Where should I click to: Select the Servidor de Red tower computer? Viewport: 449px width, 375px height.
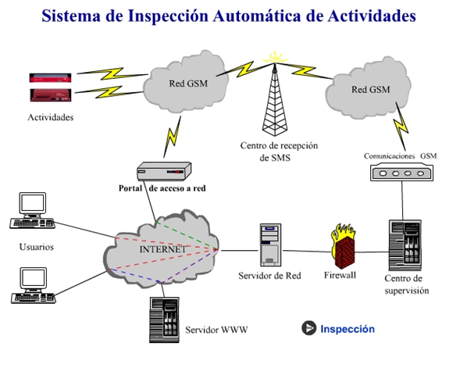coord(270,245)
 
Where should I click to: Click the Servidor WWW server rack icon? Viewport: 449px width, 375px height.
coord(164,320)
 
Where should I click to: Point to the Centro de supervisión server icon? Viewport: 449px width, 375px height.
coord(405,245)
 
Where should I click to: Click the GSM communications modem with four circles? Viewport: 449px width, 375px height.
coord(401,172)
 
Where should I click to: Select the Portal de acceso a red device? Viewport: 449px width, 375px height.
coord(164,171)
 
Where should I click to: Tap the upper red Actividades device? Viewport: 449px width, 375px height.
coord(50,77)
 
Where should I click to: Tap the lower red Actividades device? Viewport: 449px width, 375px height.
coord(51,95)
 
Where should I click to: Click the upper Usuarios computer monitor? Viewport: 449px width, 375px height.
coord(32,204)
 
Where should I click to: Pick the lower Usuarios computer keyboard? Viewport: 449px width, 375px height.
coord(34,298)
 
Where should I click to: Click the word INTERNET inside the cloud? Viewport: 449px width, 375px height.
coord(162,249)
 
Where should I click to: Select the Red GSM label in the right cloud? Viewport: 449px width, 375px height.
coord(371,89)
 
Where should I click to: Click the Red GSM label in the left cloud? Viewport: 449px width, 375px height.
coord(188,84)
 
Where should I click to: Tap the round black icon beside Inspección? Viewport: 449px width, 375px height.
coord(309,327)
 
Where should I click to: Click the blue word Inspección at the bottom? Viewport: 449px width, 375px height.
coord(347,329)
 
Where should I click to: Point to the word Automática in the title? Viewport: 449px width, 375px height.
coord(257,16)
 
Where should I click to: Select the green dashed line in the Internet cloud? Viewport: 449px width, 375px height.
coord(187,235)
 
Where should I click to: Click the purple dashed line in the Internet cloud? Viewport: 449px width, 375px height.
coord(190,266)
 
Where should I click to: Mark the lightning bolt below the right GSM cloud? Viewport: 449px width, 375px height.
coord(401,127)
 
